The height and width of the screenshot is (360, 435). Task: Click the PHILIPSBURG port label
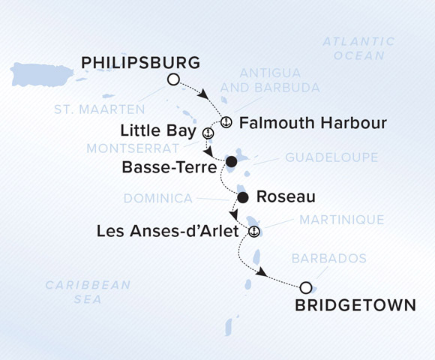point(140,61)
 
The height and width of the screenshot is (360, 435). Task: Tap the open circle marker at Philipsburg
point(174,79)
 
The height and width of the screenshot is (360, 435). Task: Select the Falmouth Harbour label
point(313,122)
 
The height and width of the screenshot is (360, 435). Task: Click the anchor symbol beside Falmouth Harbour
point(226,122)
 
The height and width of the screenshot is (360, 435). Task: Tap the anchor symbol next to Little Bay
point(208,133)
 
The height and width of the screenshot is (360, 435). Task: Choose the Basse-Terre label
point(172,166)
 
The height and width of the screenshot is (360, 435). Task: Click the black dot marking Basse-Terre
point(231,161)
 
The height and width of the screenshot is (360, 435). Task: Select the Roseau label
point(285,197)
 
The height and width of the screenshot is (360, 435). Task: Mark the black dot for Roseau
point(242,198)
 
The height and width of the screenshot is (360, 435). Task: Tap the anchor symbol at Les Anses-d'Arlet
point(253,230)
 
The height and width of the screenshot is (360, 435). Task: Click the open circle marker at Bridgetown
point(305,287)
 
